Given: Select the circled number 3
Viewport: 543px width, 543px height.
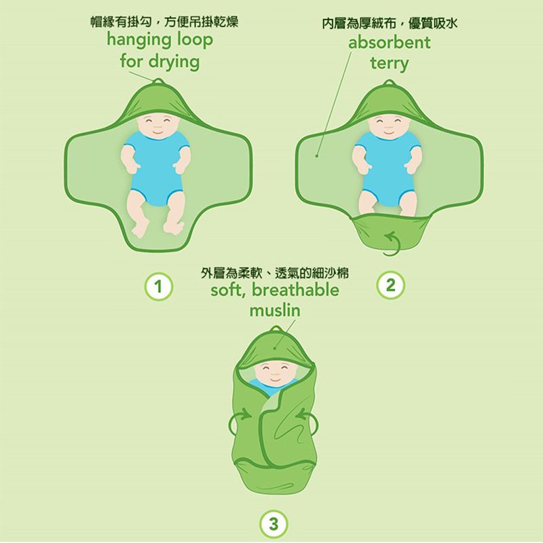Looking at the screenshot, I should coord(272,523).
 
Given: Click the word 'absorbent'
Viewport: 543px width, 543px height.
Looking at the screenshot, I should coord(390,43).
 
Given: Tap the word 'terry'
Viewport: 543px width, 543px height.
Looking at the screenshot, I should coord(389,64).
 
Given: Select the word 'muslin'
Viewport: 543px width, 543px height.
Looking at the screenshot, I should coord(274,311).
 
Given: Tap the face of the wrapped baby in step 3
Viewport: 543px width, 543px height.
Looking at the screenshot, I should coord(272,372).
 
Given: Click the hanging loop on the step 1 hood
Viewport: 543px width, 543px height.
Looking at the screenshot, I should coord(157,83).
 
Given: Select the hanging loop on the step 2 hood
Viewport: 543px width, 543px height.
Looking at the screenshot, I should coord(388,83).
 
